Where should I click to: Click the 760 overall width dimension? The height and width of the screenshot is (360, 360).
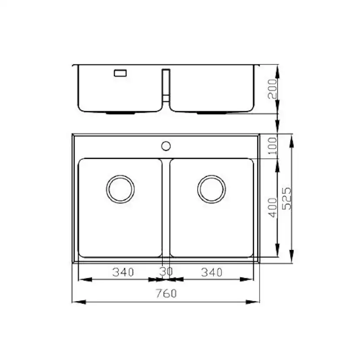[166, 293]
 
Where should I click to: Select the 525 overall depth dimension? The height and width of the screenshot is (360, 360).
[287, 199]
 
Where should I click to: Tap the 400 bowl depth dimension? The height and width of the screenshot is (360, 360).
[273, 207]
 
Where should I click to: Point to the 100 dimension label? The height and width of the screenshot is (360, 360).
[273, 146]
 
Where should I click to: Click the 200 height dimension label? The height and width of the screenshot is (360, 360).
[273, 89]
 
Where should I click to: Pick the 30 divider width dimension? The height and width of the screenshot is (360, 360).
[166, 272]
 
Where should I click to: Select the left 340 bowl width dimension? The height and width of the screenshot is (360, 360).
[123, 272]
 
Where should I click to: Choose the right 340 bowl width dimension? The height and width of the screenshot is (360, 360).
[212, 272]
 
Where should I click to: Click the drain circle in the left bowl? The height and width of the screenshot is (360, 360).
[120, 175]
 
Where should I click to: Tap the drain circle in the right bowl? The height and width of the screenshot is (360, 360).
[211, 175]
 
